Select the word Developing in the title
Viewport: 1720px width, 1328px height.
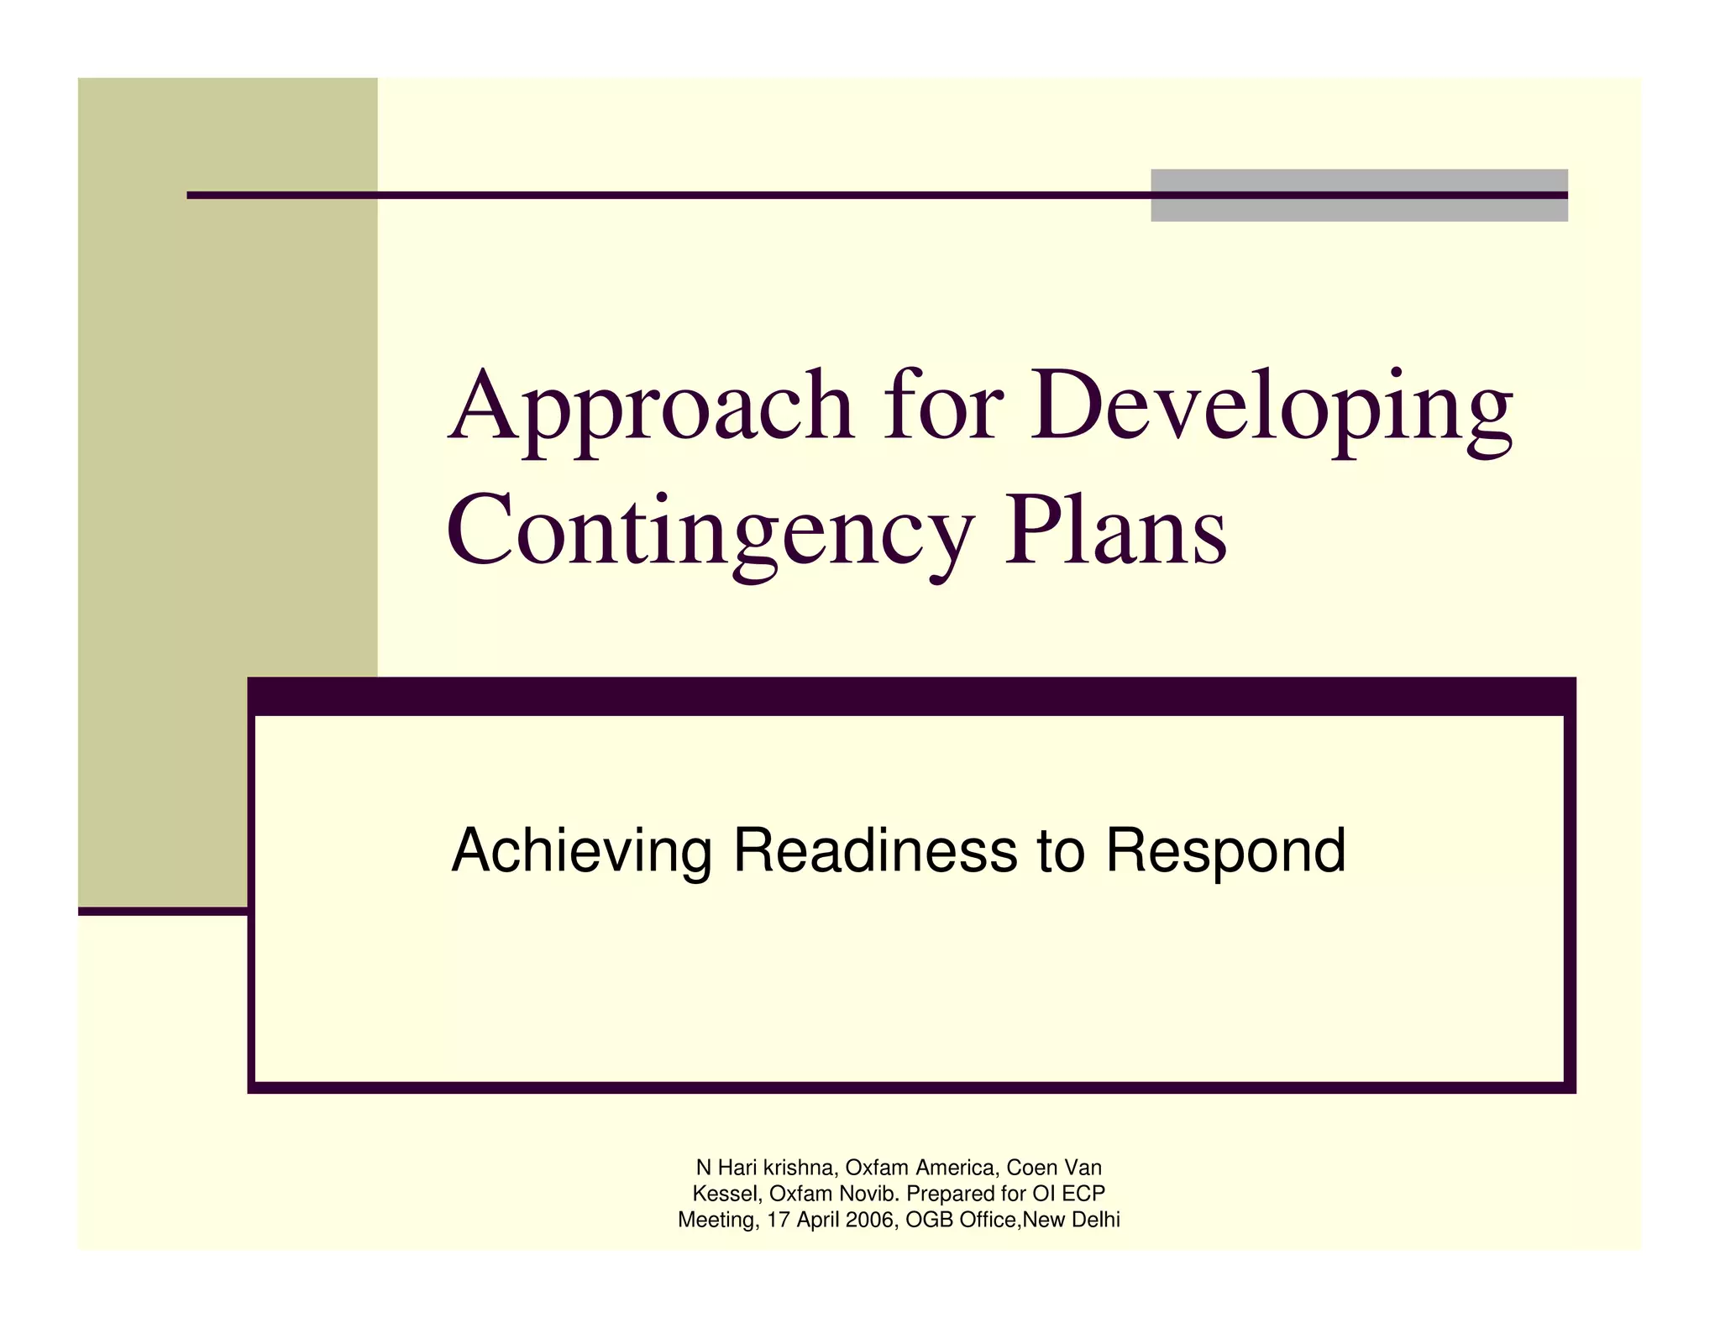pyautogui.click(x=1271, y=409)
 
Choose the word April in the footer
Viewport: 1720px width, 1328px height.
pyautogui.click(x=818, y=1221)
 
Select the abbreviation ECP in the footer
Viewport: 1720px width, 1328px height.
pyautogui.click(x=1083, y=1194)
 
